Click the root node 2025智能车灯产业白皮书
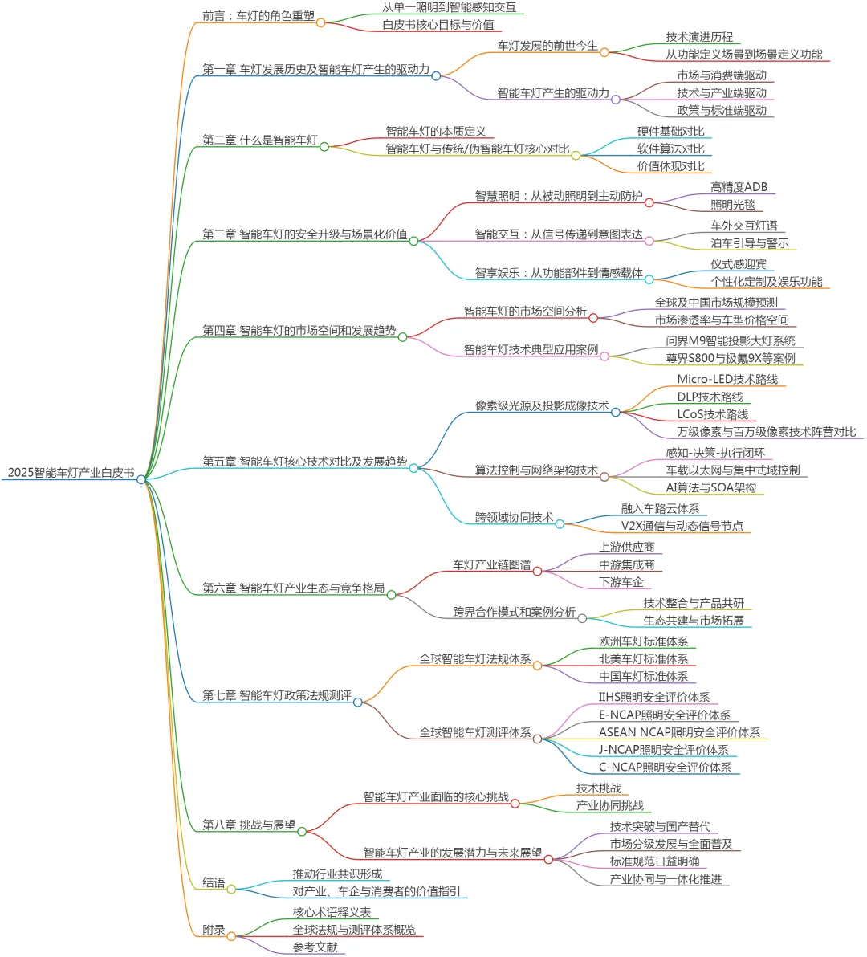[71, 473]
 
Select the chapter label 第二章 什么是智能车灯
[259, 140]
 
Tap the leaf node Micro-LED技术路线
[727, 379]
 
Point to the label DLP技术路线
[710, 397]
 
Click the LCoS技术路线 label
[712, 414]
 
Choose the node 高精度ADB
[739, 187]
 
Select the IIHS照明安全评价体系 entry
[653, 698]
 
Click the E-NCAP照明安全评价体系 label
[664, 715]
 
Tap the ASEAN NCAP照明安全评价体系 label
[679, 732]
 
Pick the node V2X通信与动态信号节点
[682, 526]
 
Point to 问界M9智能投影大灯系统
[730, 340]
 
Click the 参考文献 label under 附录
[315, 947]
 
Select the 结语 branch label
[214, 882]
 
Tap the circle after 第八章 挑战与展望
[302, 832]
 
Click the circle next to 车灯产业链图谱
[537, 572]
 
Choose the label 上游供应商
[626, 547]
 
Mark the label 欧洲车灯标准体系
[643, 641]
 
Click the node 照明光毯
[732, 205]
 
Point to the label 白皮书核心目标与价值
[438, 24]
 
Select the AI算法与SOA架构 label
[710, 487]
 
